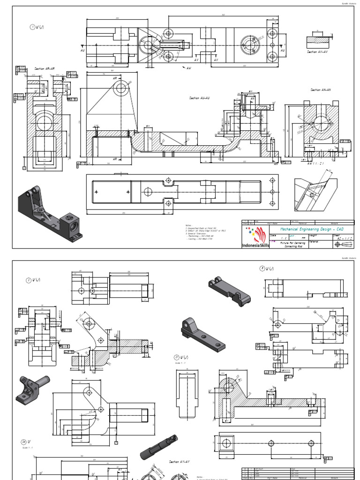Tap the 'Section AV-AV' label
318,52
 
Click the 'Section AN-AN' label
321,90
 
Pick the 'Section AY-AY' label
179,462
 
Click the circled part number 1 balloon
32,27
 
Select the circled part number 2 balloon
29,280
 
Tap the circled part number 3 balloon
262,268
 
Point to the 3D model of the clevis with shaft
32,389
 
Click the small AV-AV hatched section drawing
318,41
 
